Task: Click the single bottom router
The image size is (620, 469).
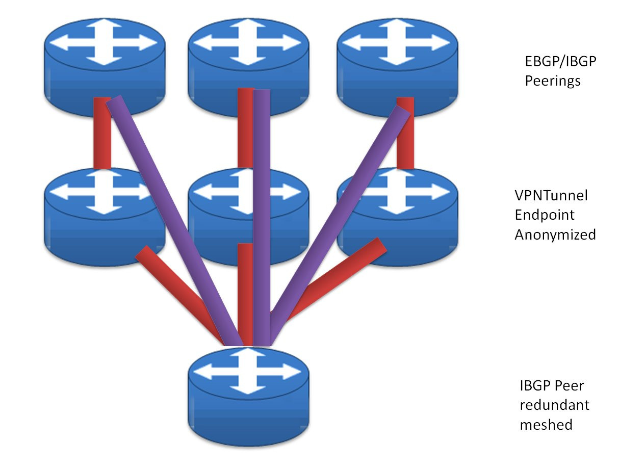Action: pyautogui.click(x=248, y=398)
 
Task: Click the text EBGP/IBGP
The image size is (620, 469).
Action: pyautogui.click(x=560, y=62)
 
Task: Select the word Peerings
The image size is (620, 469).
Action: pyautogui.click(x=553, y=81)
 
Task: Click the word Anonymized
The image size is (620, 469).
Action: pyautogui.click(x=555, y=234)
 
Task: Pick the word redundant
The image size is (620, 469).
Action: pyautogui.click(x=554, y=405)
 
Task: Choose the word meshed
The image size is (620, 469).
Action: pyautogui.click(x=546, y=424)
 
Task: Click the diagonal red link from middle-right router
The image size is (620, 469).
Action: pyautogui.click(x=337, y=280)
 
